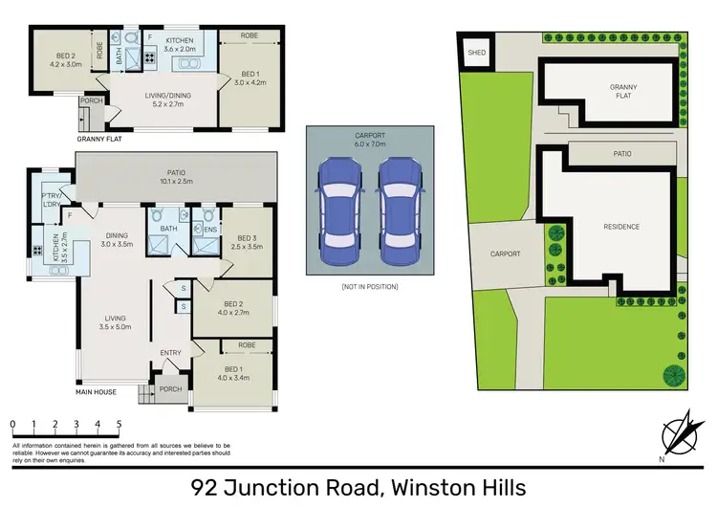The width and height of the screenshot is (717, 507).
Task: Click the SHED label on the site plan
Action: (475, 54)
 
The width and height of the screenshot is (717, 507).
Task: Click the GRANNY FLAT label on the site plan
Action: (623, 91)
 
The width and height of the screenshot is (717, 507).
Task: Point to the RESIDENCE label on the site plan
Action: (621, 227)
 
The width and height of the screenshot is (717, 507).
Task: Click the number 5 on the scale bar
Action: (119, 423)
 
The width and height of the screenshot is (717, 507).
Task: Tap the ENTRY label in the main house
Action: (171, 353)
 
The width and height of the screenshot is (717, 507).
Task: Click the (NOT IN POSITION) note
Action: (370, 287)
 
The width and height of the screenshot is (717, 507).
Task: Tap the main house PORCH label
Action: (170, 389)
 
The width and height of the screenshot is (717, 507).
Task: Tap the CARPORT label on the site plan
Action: (505, 253)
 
